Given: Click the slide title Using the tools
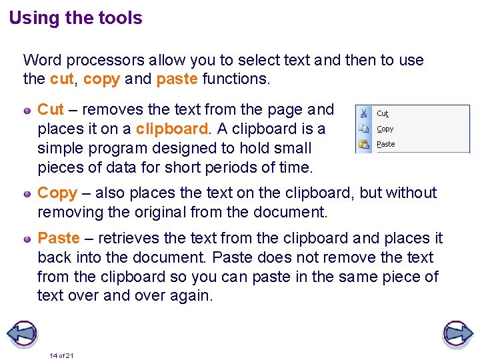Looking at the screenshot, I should point(75,18).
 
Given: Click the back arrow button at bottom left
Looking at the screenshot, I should point(21,333).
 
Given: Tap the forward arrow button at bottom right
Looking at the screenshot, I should point(457,333).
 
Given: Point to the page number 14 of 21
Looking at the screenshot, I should point(61,355).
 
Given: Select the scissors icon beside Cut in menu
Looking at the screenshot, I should point(364,114).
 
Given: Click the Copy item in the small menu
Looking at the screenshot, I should point(385,129).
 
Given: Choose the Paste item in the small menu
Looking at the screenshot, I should point(385,144).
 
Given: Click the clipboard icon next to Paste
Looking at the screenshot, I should point(364,143).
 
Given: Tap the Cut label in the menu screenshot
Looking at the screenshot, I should point(383,114).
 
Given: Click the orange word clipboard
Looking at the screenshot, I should point(172,129).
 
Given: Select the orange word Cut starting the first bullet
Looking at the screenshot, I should point(51,109).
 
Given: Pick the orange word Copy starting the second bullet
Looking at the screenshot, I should point(57,193).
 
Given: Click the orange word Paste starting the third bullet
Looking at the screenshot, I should point(59,238).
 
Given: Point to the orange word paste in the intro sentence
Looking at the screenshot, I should point(177,79).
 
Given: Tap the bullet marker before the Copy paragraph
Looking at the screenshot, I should point(28,193).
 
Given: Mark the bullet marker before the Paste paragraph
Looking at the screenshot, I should point(28,238).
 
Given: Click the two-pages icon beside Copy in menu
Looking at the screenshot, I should point(364,129).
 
